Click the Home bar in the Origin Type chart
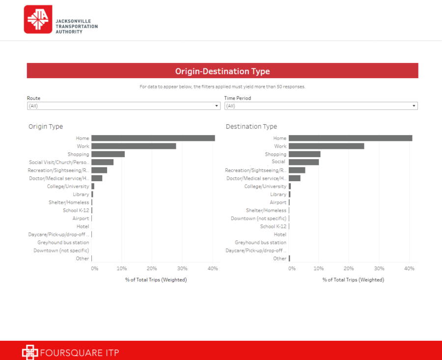[x=153, y=138]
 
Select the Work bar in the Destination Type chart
[x=326, y=146]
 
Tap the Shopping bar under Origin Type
[x=108, y=154]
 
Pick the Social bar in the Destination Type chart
[x=304, y=162]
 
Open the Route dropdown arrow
[x=217, y=106]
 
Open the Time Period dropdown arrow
[x=414, y=106]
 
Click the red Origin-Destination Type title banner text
[x=222, y=71]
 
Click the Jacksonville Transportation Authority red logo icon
[x=38, y=20]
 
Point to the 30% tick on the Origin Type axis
[x=182, y=269]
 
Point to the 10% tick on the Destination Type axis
[x=319, y=269]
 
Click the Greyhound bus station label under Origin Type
[x=63, y=243]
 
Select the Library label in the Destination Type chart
[x=278, y=194]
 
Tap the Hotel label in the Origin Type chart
[x=83, y=226]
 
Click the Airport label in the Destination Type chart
[x=278, y=202]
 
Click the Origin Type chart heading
[x=46, y=127]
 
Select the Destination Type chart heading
[x=251, y=127]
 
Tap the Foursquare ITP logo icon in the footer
[x=30, y=352]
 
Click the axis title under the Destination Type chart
[x=353, y=280]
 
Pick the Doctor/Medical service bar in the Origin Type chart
[x=97, y=178]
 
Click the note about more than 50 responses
[x=222, y=87]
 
